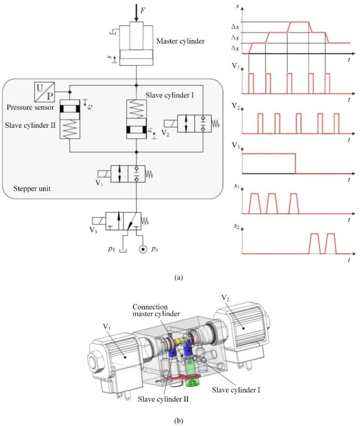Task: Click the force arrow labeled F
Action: click(136, 12)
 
